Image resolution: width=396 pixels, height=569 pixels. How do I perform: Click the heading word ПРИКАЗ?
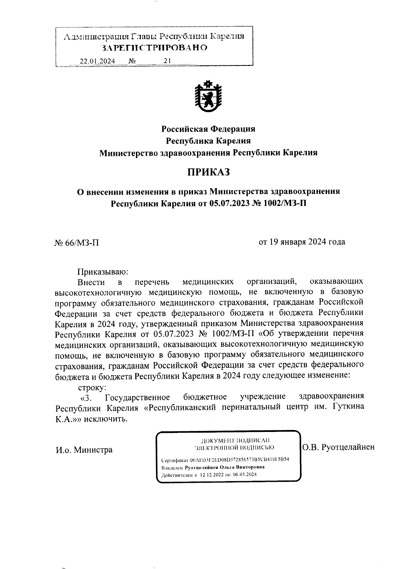208,172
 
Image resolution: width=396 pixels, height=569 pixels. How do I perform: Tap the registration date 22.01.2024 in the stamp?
97,61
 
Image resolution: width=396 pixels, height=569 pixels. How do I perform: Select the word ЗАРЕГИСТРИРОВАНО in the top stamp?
155,48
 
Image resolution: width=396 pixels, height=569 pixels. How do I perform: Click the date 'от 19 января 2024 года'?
302,242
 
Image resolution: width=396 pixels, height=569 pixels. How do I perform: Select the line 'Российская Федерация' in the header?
208,128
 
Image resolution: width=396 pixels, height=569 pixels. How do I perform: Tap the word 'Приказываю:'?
102,272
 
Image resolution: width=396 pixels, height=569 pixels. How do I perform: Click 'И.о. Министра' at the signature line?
84,450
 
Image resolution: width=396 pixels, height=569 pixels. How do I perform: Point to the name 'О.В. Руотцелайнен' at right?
339,447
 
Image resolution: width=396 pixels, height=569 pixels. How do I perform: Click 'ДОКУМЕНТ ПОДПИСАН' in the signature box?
235,441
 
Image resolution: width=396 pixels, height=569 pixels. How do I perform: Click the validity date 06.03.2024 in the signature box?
244,475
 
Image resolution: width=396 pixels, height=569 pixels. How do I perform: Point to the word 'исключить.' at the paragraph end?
106,419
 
